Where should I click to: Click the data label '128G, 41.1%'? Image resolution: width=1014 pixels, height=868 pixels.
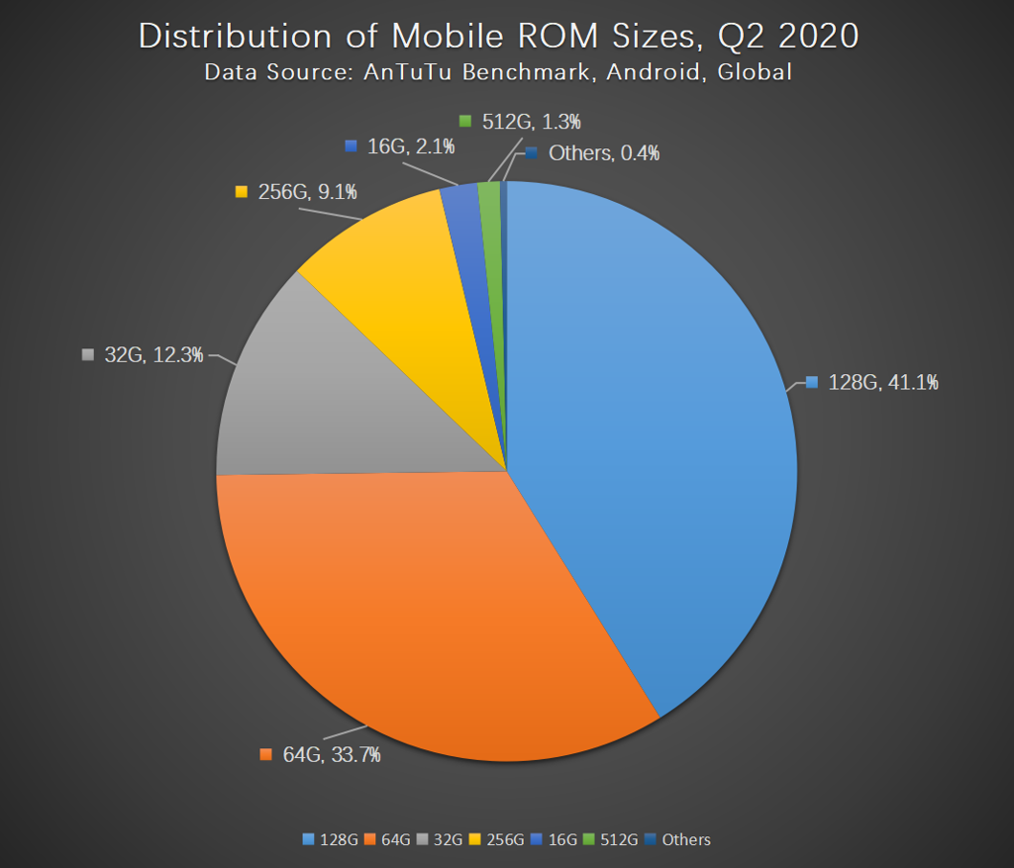click(x=872, y=382)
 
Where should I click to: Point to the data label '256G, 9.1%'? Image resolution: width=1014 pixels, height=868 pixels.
click(x=297, y=192)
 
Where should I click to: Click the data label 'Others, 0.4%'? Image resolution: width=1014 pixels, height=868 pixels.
click(x=592, y=153)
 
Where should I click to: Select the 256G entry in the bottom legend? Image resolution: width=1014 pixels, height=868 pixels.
click(x=499, y=839)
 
